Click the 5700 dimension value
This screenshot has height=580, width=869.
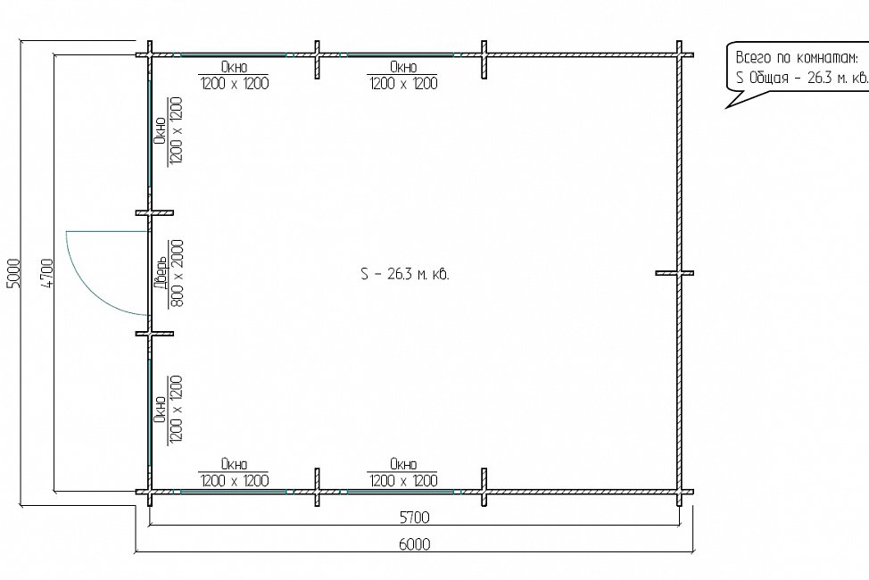415,518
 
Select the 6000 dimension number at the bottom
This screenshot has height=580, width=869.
415,544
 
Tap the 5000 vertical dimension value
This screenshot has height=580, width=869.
14,273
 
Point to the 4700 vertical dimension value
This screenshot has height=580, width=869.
47,273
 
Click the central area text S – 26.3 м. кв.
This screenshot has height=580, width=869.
404,274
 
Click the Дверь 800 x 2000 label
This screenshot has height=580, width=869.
169,273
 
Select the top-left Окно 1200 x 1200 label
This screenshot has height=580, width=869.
234,76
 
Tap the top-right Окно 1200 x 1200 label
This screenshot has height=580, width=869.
403,76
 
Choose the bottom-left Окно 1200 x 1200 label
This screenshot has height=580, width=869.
234,472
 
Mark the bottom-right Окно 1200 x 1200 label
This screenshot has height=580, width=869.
403,472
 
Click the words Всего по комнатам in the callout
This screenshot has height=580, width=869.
797,58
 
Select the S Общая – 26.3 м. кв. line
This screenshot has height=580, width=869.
802,78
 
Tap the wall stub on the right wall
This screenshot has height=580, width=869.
675,273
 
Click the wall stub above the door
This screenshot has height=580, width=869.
154,213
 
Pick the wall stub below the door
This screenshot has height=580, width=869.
154,334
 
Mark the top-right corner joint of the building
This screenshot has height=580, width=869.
680,55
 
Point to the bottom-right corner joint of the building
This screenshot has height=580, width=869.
680,492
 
